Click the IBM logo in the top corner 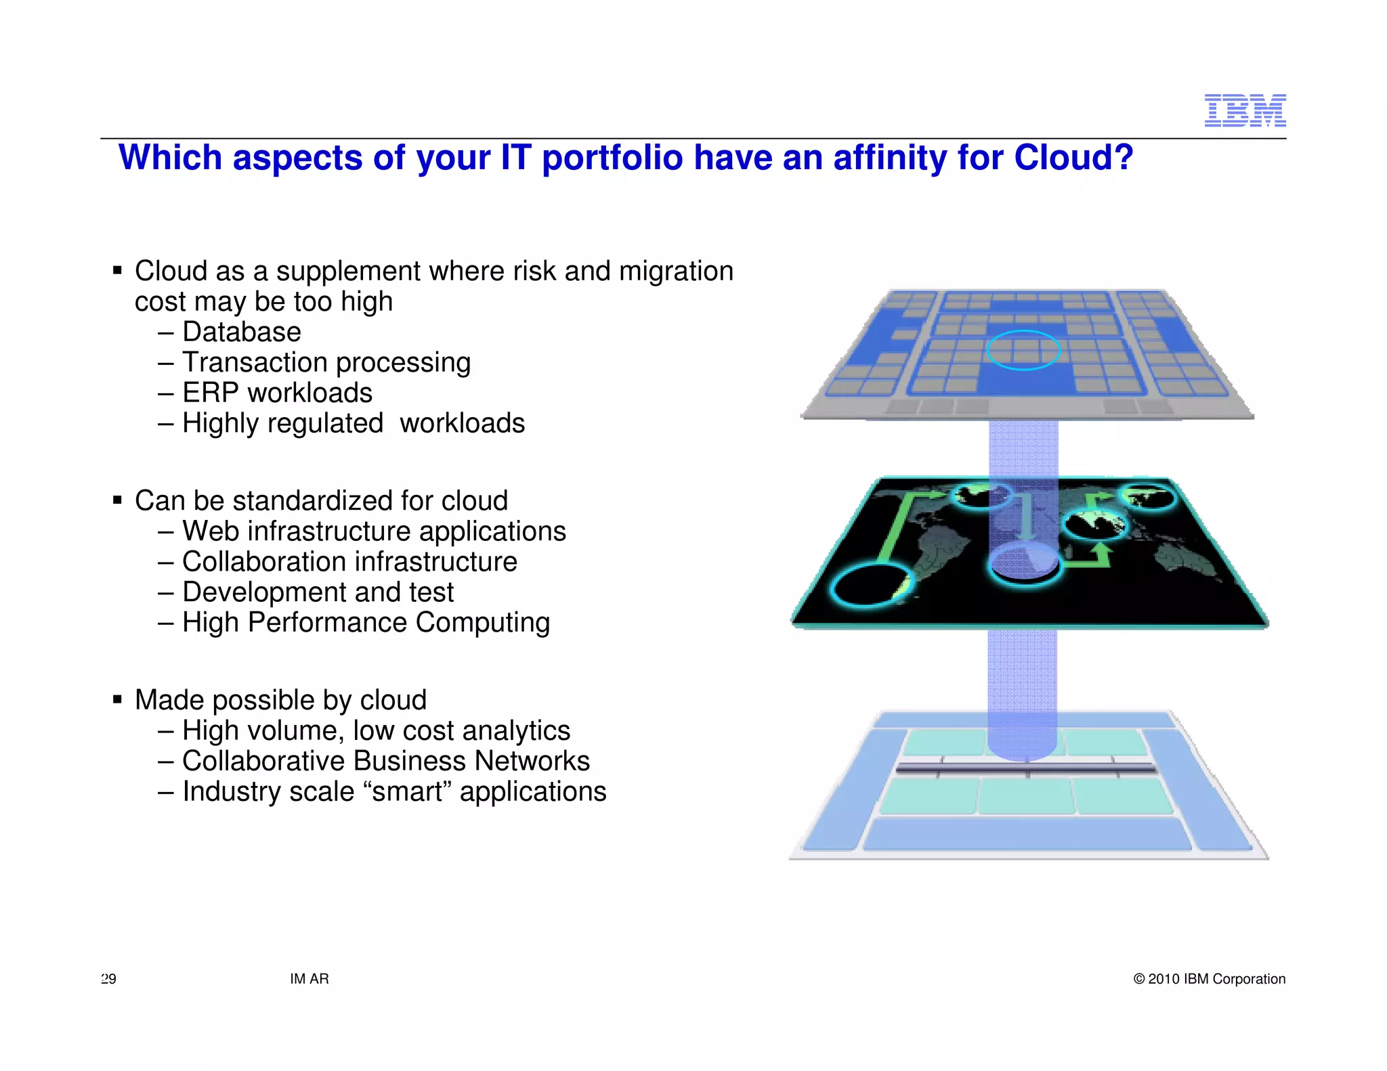coord(1245,110)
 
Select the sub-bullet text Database coord(241,332)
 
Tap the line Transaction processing coord(326,363)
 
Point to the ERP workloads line coord(277,393)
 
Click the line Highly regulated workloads coord(353,424)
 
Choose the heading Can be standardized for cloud coord(321,501)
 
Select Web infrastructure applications coord(373,531)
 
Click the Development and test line coord(318,592)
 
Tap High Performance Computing coord(366,623)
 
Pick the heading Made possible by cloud coord(280,700)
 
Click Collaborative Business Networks coord(385,761)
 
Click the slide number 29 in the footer coord(108,979)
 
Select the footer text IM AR coord(309,979)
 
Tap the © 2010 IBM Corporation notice coord(1209,979)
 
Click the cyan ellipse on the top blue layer coord(1023,350)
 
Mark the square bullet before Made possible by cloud coord(118,699)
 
